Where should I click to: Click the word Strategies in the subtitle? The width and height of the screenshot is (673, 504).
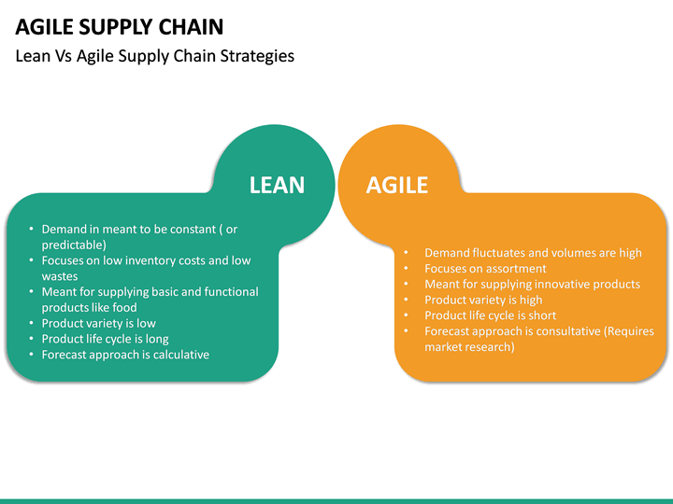pyautogui.click(x=254, y=56)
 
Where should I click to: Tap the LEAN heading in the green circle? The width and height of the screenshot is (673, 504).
pyautogui.click(x=277, y=185)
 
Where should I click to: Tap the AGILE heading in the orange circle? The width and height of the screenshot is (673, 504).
pyautogui.click(x=396, y=185)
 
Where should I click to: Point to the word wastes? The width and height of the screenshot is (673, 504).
pyautogui.click(x=60, y=276)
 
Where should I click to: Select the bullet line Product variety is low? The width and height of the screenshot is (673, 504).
pyautogui.click(x=98, y=323)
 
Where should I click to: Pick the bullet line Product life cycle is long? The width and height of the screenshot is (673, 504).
pyautogui.click(x=105, y=339)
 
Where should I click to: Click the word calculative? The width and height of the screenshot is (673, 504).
pyautogui.click(x=178, y=355)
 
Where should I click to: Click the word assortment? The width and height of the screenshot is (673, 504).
pyautogui.click(x=511, y=269)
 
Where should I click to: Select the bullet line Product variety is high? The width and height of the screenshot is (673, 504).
pyautogui.click(x=483, y=300)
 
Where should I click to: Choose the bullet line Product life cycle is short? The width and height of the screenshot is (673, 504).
pyautogui.click(x=490, y=315)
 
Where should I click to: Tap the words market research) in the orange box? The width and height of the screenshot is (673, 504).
pyautogui.click(x=469, y=347)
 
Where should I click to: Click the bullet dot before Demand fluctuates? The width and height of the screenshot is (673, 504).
pyautogui.click(x=407, y=253)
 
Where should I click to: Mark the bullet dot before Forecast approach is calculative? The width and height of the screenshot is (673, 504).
pyautogui.click(x=32, y=355)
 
